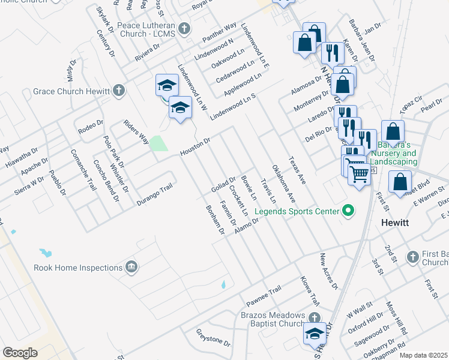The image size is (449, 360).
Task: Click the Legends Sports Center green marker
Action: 347,211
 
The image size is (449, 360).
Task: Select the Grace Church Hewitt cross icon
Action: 119,91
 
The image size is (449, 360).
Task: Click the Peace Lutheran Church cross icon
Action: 184,28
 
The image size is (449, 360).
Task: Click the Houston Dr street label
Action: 196,148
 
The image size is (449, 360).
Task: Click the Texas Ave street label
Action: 297,166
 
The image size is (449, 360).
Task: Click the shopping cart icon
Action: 359,174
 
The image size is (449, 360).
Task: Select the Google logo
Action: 20,353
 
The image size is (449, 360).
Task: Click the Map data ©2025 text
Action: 423,355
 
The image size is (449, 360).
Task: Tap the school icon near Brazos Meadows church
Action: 315,335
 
